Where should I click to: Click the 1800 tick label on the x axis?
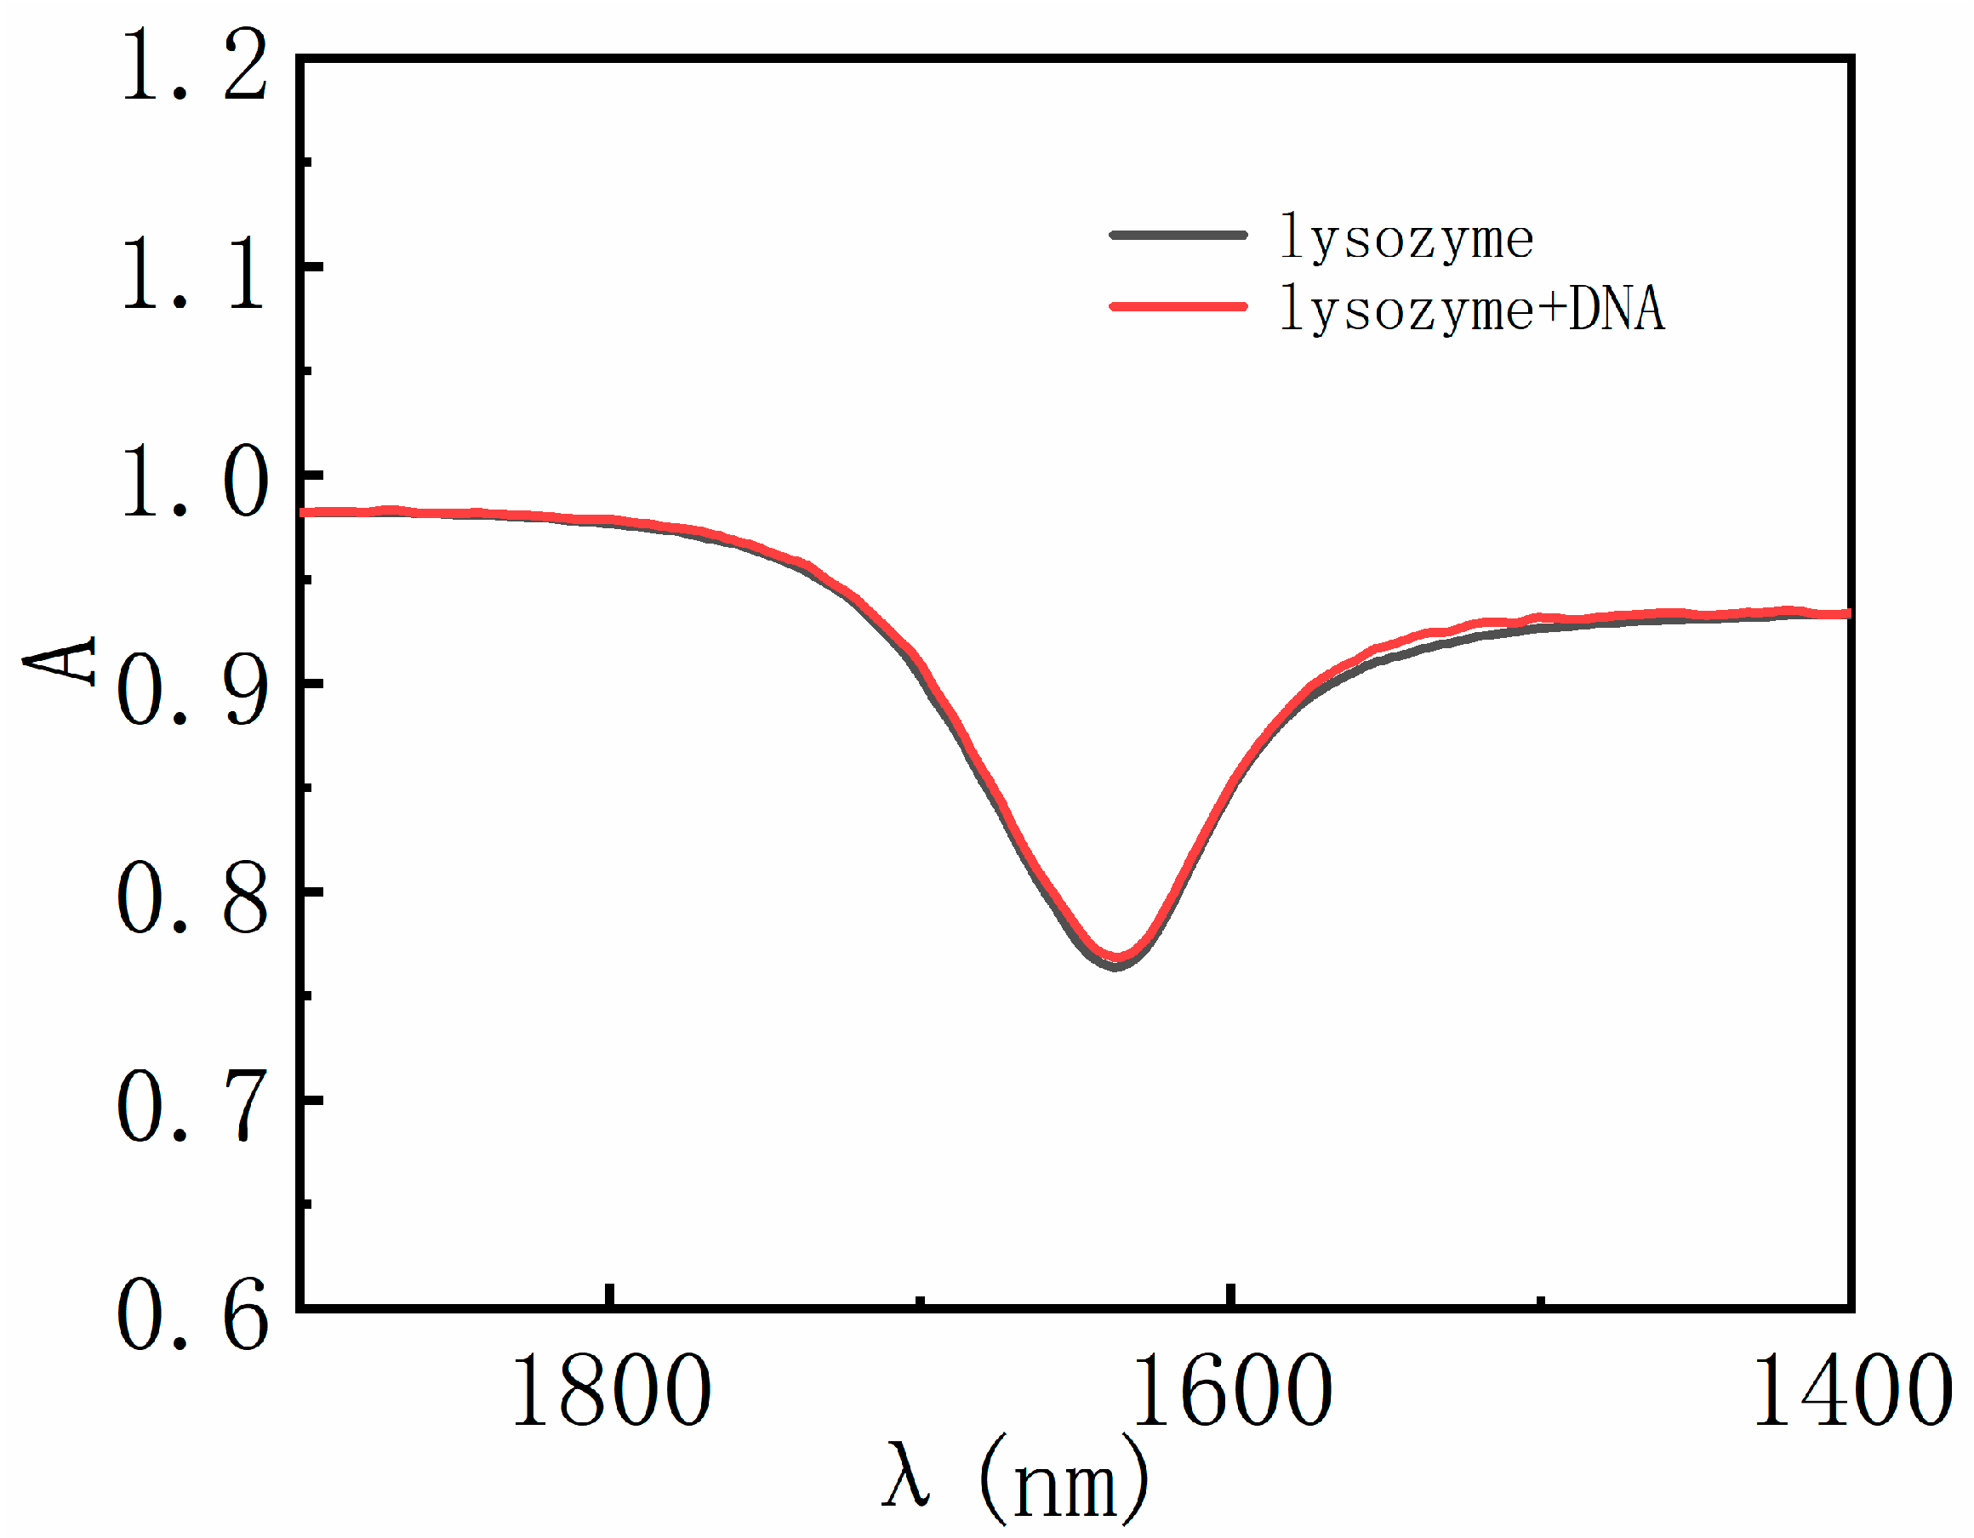coord(611,1393)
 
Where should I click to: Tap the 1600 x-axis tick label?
coord(1231,1393)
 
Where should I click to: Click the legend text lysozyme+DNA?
coord(1471,308)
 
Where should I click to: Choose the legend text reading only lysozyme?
coord(1406,237)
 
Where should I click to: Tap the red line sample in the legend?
coord(1178,306)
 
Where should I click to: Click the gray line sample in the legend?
coord(1178,235)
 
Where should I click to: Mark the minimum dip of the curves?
coord(1116,960)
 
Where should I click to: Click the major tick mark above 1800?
coord(611,1294)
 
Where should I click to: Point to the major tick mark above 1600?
coord(1230,1294)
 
